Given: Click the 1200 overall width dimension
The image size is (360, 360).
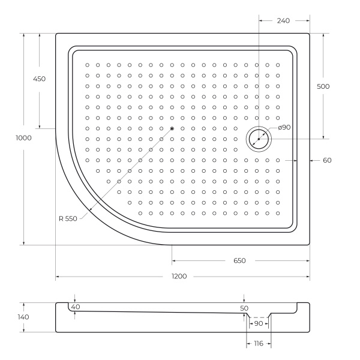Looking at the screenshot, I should (179, 277).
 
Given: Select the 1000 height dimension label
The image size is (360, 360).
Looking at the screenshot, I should (24, 138).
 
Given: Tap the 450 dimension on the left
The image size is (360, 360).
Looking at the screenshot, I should (39, 79).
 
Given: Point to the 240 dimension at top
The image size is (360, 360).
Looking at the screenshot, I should (284, 20).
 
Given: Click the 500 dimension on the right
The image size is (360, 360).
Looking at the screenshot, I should (323, 86).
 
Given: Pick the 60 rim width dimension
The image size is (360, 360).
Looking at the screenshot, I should (326, 160).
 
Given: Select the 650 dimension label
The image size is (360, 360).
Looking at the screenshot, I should (239, 261).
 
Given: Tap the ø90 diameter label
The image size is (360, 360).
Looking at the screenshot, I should (284, 127).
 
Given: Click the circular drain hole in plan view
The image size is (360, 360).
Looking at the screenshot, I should (259, 139).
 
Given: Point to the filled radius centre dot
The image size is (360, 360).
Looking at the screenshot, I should (172, 128).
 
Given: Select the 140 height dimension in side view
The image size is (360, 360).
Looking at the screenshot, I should (23, 317).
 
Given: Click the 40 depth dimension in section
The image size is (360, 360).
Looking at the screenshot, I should (75, 307).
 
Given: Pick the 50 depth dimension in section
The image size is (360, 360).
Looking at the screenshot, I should (244, 308).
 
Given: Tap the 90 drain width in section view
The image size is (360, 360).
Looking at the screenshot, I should (259, 323).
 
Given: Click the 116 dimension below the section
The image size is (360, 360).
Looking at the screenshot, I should (259, 344).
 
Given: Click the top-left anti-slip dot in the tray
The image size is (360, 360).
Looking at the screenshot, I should (87, 65).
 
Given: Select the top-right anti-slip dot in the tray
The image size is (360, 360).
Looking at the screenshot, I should (277, 65).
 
